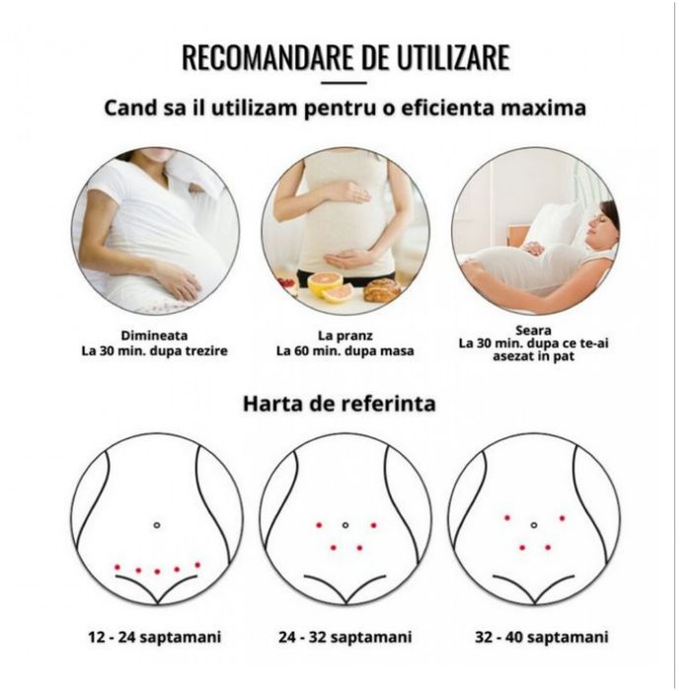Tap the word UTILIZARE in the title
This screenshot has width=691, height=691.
[x=453, y=57]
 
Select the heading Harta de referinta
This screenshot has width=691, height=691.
[x=340, y=403]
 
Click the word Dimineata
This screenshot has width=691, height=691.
[x=154, y=336]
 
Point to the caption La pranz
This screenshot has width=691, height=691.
[x=345, y=337]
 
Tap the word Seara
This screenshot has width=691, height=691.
[x=533, y=331]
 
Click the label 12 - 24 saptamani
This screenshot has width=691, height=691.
[x=155, y=638]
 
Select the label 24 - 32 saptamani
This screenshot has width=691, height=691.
[x=345, y=638]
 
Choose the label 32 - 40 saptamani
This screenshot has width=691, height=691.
[x=542, y=638]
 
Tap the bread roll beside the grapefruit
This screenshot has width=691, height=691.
[x=383, y=288]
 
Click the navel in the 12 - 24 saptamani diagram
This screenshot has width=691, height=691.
[x=156, y=525]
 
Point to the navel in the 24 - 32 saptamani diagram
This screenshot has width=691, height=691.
[x=345, y=525]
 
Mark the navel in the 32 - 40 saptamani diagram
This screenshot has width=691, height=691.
[x=534, y=525]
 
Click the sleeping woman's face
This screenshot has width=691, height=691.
[x=603, y=225]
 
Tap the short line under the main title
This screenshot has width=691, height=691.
[x=344, y=82]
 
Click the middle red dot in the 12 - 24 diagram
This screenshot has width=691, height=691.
[x=157, y=572]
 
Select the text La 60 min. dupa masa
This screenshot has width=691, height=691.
[x=345, y=351]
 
